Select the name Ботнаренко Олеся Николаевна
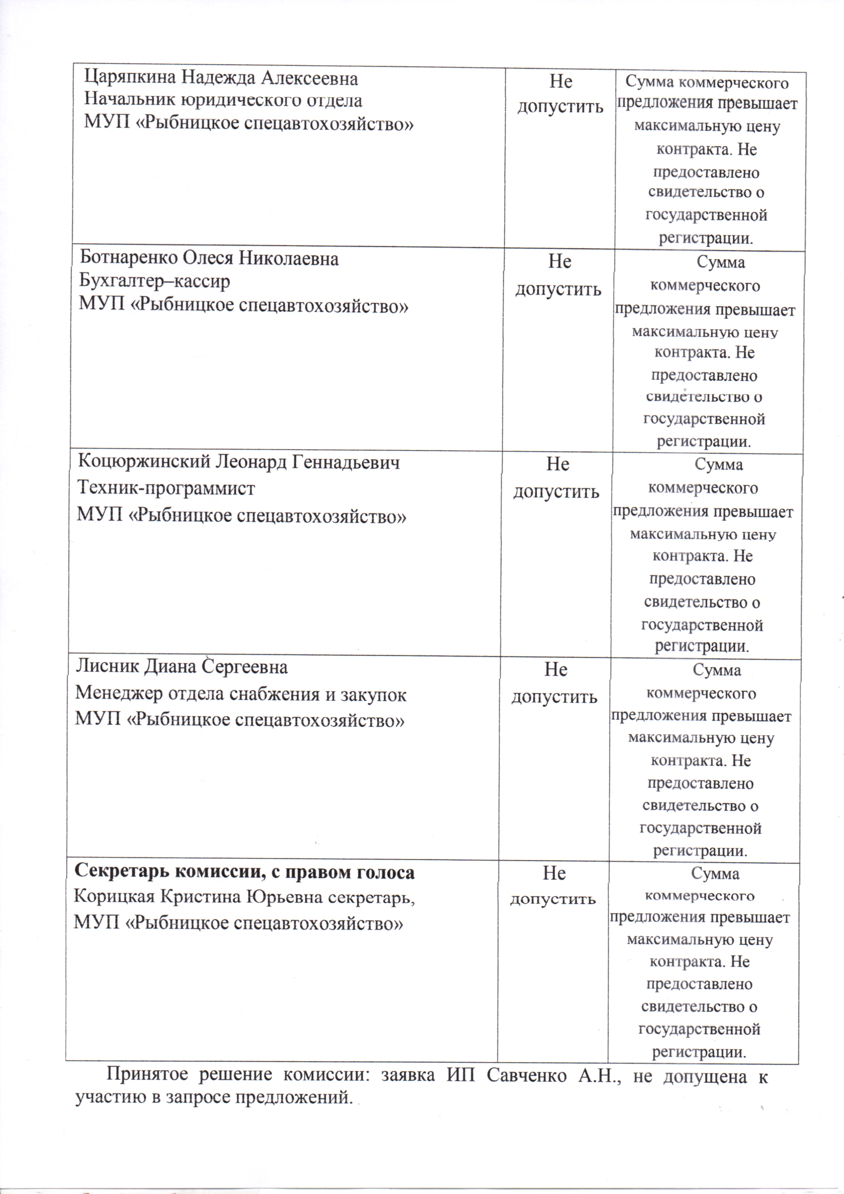click(209, 258)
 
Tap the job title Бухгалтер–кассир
click(154, 281)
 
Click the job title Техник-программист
click(166, 489)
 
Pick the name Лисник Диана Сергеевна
click(181, 667)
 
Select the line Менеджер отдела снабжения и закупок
click(241, 694)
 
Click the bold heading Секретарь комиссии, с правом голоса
click(244, 872)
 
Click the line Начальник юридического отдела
click(223, 101)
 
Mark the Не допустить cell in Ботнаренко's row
click(559, 275)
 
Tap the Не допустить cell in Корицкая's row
click(553, 886)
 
